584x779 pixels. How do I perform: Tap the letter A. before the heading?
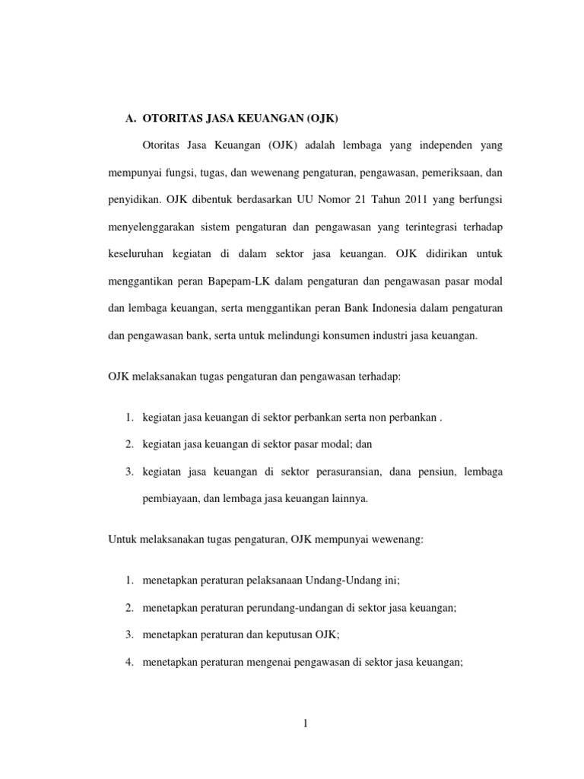[130, 119]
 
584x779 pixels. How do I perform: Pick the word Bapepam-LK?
[231, 281]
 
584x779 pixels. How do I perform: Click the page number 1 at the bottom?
[305, 723]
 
